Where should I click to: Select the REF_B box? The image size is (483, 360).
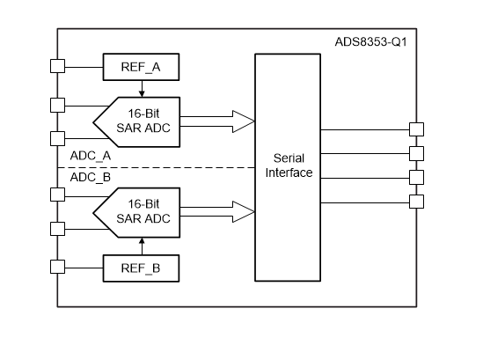141,267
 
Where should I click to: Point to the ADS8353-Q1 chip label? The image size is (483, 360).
370,40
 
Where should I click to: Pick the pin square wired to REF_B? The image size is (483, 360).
58,267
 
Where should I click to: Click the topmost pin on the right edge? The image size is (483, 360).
416,130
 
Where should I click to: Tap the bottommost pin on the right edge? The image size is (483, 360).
416,202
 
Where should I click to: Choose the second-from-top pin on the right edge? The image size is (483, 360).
416,154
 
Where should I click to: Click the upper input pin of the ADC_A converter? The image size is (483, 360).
58,105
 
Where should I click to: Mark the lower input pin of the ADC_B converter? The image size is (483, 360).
58,229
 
